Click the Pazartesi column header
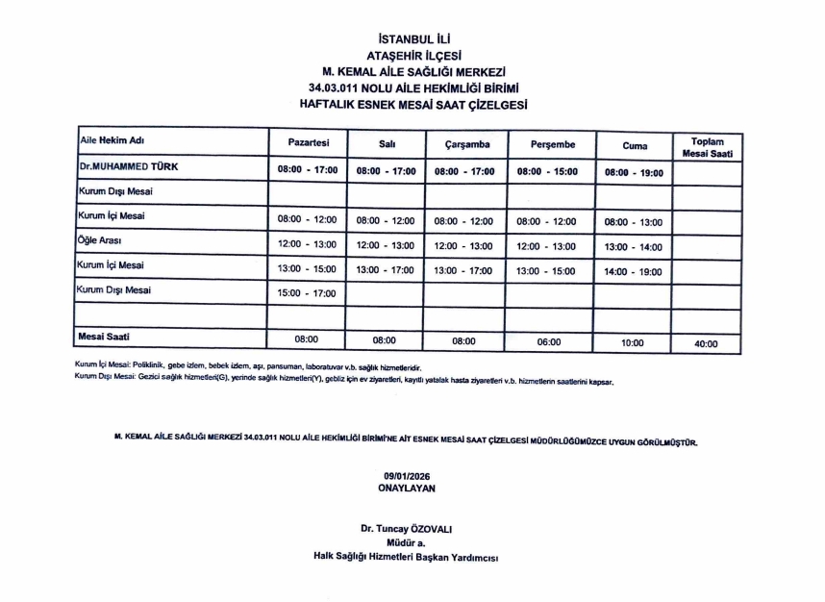click(x=309, y=142)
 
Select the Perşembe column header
click(x=552, y=144)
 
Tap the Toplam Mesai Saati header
click(x=707, y=147)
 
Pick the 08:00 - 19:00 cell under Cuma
click(x=633, y=172)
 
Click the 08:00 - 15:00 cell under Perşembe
click(x=552, y=172)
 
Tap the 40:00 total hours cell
click(x=705, y=343)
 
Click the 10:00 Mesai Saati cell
click(x=633, y=342)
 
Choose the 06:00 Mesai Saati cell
click(x=552, y=341)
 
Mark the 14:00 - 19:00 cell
click(x=633, y=272)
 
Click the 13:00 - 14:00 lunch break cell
click(x=633, y=247)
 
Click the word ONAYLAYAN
click(x=408, y=489)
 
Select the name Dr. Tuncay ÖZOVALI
click(x=406, y=529)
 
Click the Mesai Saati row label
click(x=104, y=337)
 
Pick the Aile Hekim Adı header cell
click(x=111, y=141)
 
